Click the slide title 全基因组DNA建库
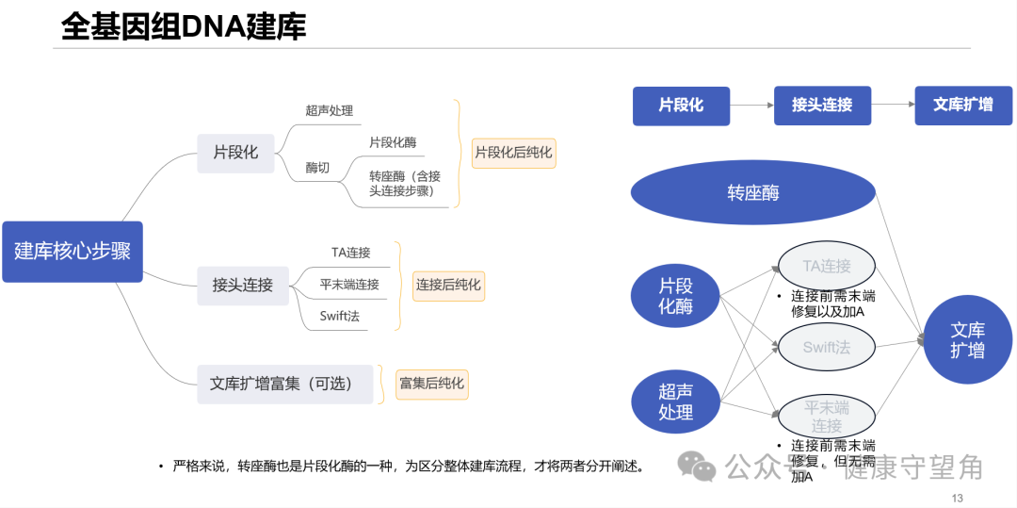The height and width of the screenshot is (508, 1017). tap(184, 27)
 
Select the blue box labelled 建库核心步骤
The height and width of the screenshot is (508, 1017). tap(73, 252)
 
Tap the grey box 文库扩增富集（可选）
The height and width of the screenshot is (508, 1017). tap(285, 384)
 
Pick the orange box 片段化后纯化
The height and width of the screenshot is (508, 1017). tap(514, 152)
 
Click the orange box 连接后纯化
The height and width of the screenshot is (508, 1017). tap(449, 285)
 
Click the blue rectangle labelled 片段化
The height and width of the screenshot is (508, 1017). tap(681, 106)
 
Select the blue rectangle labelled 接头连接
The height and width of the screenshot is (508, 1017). tap(822, 106)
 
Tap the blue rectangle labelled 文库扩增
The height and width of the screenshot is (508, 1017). tap(963, 106)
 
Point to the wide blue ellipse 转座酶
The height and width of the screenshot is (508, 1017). tap(753, 193)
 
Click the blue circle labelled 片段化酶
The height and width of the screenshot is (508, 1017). tap(676, 296)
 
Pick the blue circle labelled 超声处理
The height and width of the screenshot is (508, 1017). tap(676, 401)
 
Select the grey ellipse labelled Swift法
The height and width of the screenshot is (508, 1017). tap(827, 347)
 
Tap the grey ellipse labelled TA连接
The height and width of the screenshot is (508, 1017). tap(827, 266)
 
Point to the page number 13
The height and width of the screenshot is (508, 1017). tap(958, 498)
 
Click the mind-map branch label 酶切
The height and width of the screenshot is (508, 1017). tap(318, 168)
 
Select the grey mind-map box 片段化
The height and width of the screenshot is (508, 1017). tap(235, 153)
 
